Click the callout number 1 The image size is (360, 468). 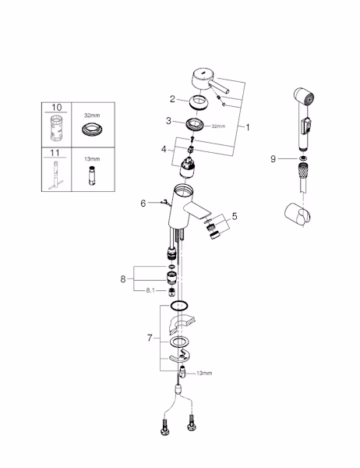click(248, 127)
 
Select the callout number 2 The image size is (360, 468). click(172, 99)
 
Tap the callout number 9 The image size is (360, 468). click(273, 159)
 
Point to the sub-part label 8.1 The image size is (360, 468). click(150, 290)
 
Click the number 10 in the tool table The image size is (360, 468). click(56, 107)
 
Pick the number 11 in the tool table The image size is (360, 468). click(55, 153)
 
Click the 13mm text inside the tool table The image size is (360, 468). click(92, 159)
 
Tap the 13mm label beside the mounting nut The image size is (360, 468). click(204, 373)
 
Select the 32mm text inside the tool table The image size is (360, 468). click(92, 115)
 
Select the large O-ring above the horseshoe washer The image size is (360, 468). click(179, 306)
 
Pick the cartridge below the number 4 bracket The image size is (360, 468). click(188, 167)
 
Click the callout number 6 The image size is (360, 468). click(143, 204)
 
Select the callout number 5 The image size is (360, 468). click(235, 216)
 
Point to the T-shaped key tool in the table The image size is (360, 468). click(56, 175)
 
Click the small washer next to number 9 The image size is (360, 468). click(304, 158)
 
